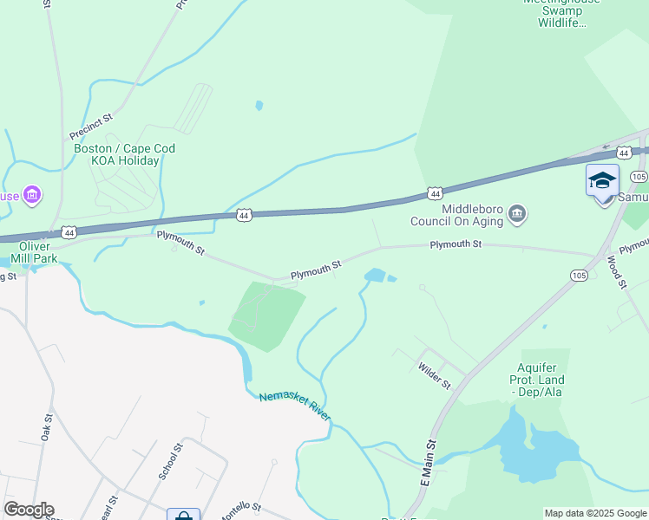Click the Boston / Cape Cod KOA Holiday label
point(124,154)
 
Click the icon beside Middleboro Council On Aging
point(517,213)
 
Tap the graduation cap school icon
point(602,181)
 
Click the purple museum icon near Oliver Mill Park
point(32,195)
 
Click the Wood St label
point(616,271)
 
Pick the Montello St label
point(240,511)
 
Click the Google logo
point(29,510)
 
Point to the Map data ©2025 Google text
point(594,513)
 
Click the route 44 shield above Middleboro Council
point(436,192)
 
